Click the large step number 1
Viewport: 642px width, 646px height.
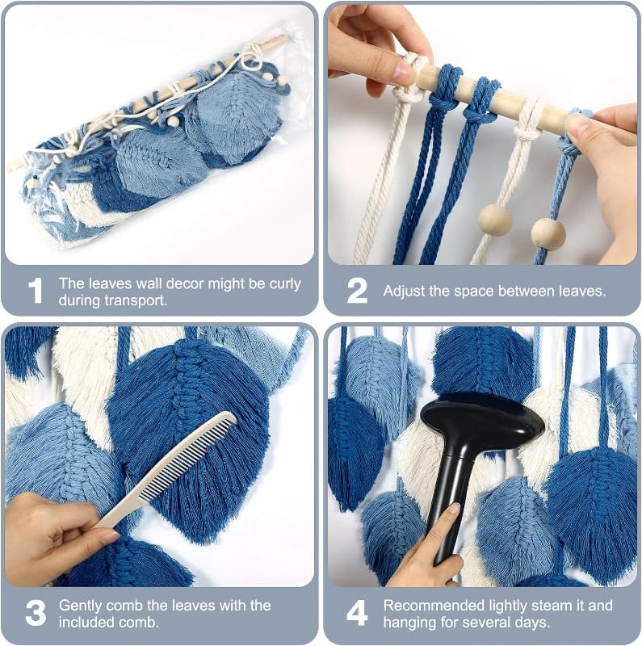[36, 291]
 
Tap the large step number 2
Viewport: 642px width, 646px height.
[357, 291]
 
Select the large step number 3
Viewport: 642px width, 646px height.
[36, 613]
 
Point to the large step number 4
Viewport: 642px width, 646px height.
[357, 613]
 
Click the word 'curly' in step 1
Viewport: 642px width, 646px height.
[285, 284]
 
